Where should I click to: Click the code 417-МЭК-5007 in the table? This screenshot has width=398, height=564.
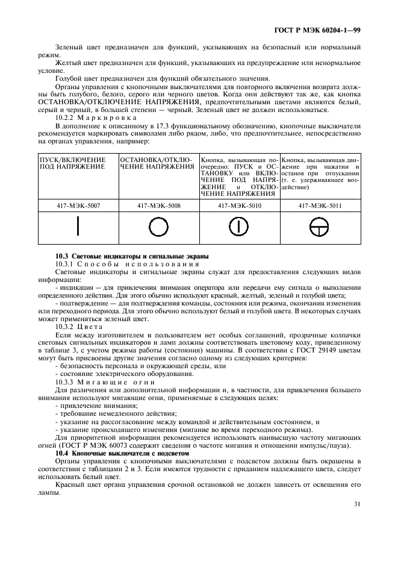[x=78, y=205]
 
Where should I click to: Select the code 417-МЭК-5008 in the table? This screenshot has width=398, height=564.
[x=159, y=205]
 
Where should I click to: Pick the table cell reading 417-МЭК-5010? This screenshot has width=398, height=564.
[x=239, y=205]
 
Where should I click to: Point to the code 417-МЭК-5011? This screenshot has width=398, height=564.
[x=320, y=205]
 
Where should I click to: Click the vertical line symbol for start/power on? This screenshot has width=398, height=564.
[x=78, y=227]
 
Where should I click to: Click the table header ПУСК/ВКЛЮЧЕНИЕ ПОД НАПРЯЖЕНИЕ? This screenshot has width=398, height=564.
[x=72, y=163]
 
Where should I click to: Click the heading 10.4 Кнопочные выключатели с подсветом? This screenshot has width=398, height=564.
[x=122, y=452]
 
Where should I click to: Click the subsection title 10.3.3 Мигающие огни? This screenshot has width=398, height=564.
[x=96, y=382]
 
